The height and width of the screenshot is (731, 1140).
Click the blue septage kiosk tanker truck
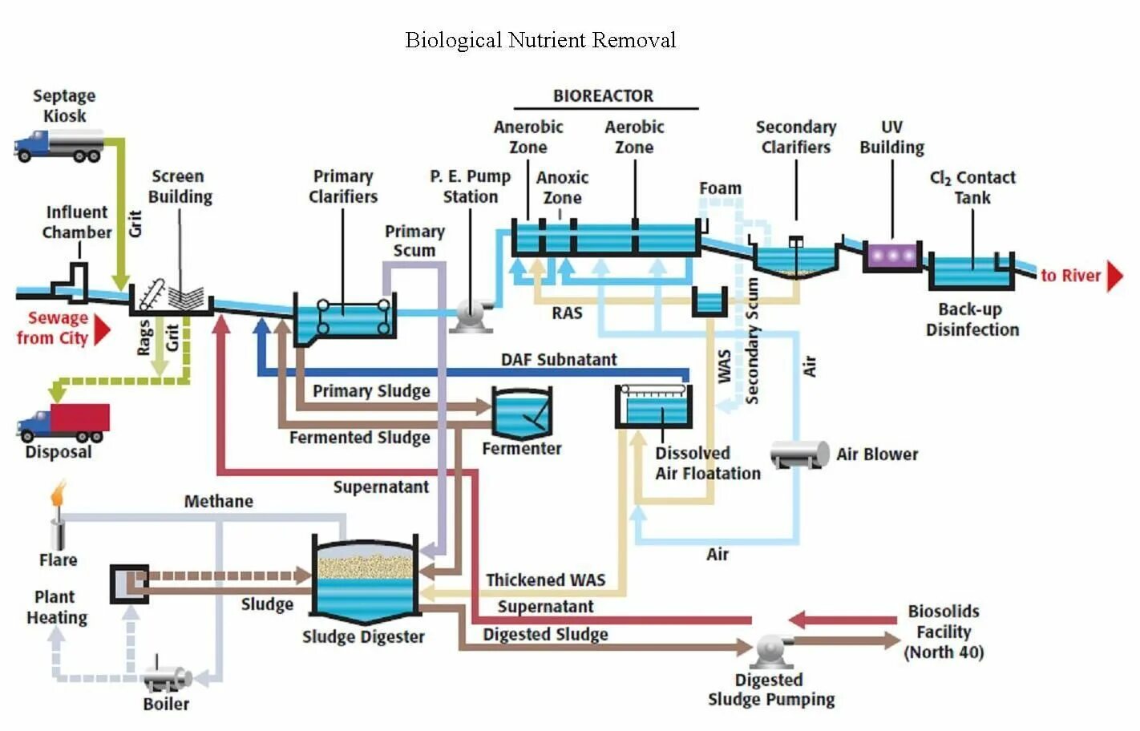pyautogui.click(x=59, y=146)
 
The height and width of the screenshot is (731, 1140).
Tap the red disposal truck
pyautogui.click(x=63, y=422)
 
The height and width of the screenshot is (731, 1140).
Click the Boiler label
pyautogui.click(x=166, y=704)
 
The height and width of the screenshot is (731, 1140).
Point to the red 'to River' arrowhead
pyautogui.click(x=1116, y=277)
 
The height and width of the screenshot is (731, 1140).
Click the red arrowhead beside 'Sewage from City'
pyautogui.click(x=103, y=331)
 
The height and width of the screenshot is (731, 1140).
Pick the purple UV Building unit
pyautogui.click(x=892, y=256)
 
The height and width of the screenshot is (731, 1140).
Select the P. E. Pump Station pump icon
pyautogui.click(x=472, y=316)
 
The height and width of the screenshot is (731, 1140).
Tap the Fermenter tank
pyautogui.click(x=522, y=413)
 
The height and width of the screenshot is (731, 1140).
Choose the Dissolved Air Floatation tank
pyautogui.click(x=654, y=406)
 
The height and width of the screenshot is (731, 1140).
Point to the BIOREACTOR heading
pyautogui.click(x=603, y=95)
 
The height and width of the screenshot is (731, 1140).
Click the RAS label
pyautogui.click(x=567, y=313)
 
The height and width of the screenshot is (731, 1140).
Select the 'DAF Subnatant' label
pyautogui.click(x=559, y=360)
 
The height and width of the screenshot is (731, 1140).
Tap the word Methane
pyautogui.click(x=219, y=502)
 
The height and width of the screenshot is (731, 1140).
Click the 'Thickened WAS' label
pyautogui.click(x=546, y=580)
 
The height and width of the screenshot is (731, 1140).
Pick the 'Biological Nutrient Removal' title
pyautogui.click(x=540, y=40)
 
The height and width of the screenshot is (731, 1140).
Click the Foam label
pyautogui.click(x=720, y=188)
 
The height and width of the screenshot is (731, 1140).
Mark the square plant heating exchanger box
pyautogui.click(x=130, y=584)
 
